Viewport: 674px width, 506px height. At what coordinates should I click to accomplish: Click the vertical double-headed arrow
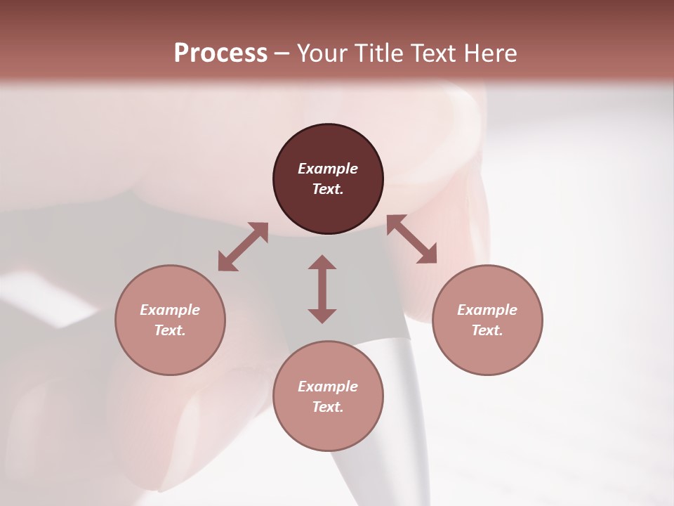(x=322, y=289)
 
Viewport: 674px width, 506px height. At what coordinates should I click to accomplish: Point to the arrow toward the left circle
(x=243, y=247)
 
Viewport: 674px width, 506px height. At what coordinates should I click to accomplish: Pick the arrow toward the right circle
(x=411, y=240)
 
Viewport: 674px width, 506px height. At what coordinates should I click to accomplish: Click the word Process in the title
(x=220, y=53)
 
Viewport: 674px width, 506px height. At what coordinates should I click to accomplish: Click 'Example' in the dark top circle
(x=328, y=169)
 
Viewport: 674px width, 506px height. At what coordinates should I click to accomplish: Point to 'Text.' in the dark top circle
(x=328, y=189)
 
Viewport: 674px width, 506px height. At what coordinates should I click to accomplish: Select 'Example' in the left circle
(x=170, y=310)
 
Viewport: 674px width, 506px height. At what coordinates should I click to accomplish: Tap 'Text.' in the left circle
(x=170, y=330)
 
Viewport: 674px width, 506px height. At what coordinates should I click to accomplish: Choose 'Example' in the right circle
(x=487, y=310)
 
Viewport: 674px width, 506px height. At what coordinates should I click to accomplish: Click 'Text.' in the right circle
(x=487, y=330)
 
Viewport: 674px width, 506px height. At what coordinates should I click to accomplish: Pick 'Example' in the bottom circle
(x=328, y=387)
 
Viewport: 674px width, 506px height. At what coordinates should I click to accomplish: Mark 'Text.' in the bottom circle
(x=328, y=407)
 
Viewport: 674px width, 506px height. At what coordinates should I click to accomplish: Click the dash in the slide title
(x=282, y=53)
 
